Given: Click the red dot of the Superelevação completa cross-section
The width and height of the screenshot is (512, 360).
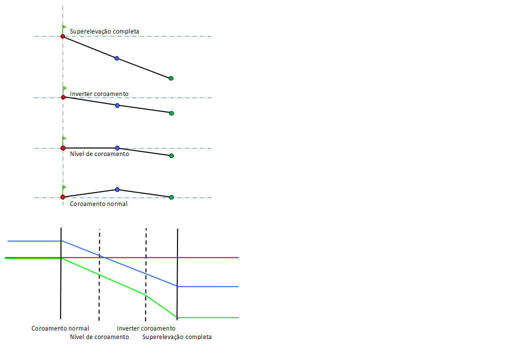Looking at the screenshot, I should pyautogui.click(x=62, y=36).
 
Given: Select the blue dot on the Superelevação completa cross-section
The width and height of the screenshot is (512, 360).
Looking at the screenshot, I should pyautogui.click(x=117, y=58).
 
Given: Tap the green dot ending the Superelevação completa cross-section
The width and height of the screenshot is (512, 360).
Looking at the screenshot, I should pyautogui.click(x=171, y=78).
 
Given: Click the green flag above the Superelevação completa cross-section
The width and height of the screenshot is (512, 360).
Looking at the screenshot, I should pyautogui.click(x=64, y=27).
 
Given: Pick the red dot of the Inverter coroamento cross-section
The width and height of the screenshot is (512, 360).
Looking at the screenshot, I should pyautogui.click(x=63, y=97).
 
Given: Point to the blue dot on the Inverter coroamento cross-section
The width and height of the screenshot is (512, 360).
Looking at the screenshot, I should pyautogui.click(x=117, y=105).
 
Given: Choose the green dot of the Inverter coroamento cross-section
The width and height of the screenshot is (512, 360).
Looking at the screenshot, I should pyautogui.click(x=171, y=113).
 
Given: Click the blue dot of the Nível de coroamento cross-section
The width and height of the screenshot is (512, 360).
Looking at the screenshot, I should pyautogui.click(x=117, y=148).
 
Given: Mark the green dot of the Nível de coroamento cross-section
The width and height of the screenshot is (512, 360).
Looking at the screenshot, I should pyautogui.click(x=171, y=156).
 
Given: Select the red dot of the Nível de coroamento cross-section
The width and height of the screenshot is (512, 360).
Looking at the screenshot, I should pyautogui.click(x=62, y=148).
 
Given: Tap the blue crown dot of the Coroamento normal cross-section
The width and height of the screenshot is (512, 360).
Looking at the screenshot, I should pyautogui.click(x=117, y=189).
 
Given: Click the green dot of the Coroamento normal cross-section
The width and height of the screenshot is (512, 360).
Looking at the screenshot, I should pyautogui.click(x=171, y=197).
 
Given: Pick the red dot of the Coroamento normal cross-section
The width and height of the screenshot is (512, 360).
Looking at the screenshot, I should pyautogui.click(x=62, y=197).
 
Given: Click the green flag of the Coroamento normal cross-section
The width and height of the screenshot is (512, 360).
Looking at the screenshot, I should pyautogui.click(x=64, y=187).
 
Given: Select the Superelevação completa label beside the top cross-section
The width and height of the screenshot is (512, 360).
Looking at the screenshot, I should pyautogui.click(x=104, y=31).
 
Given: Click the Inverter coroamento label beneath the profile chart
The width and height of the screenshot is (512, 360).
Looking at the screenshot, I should pyautogui.click(x=146, y=328).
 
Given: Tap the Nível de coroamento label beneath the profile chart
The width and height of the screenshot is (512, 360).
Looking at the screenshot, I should pyautogui.click(x=99, y=337).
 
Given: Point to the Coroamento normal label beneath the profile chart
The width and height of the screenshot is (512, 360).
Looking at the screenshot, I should pyautogui.click(x=60, y=328).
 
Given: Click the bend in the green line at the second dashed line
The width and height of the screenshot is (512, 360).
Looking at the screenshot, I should pyautogui.click(x=145, y=295).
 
